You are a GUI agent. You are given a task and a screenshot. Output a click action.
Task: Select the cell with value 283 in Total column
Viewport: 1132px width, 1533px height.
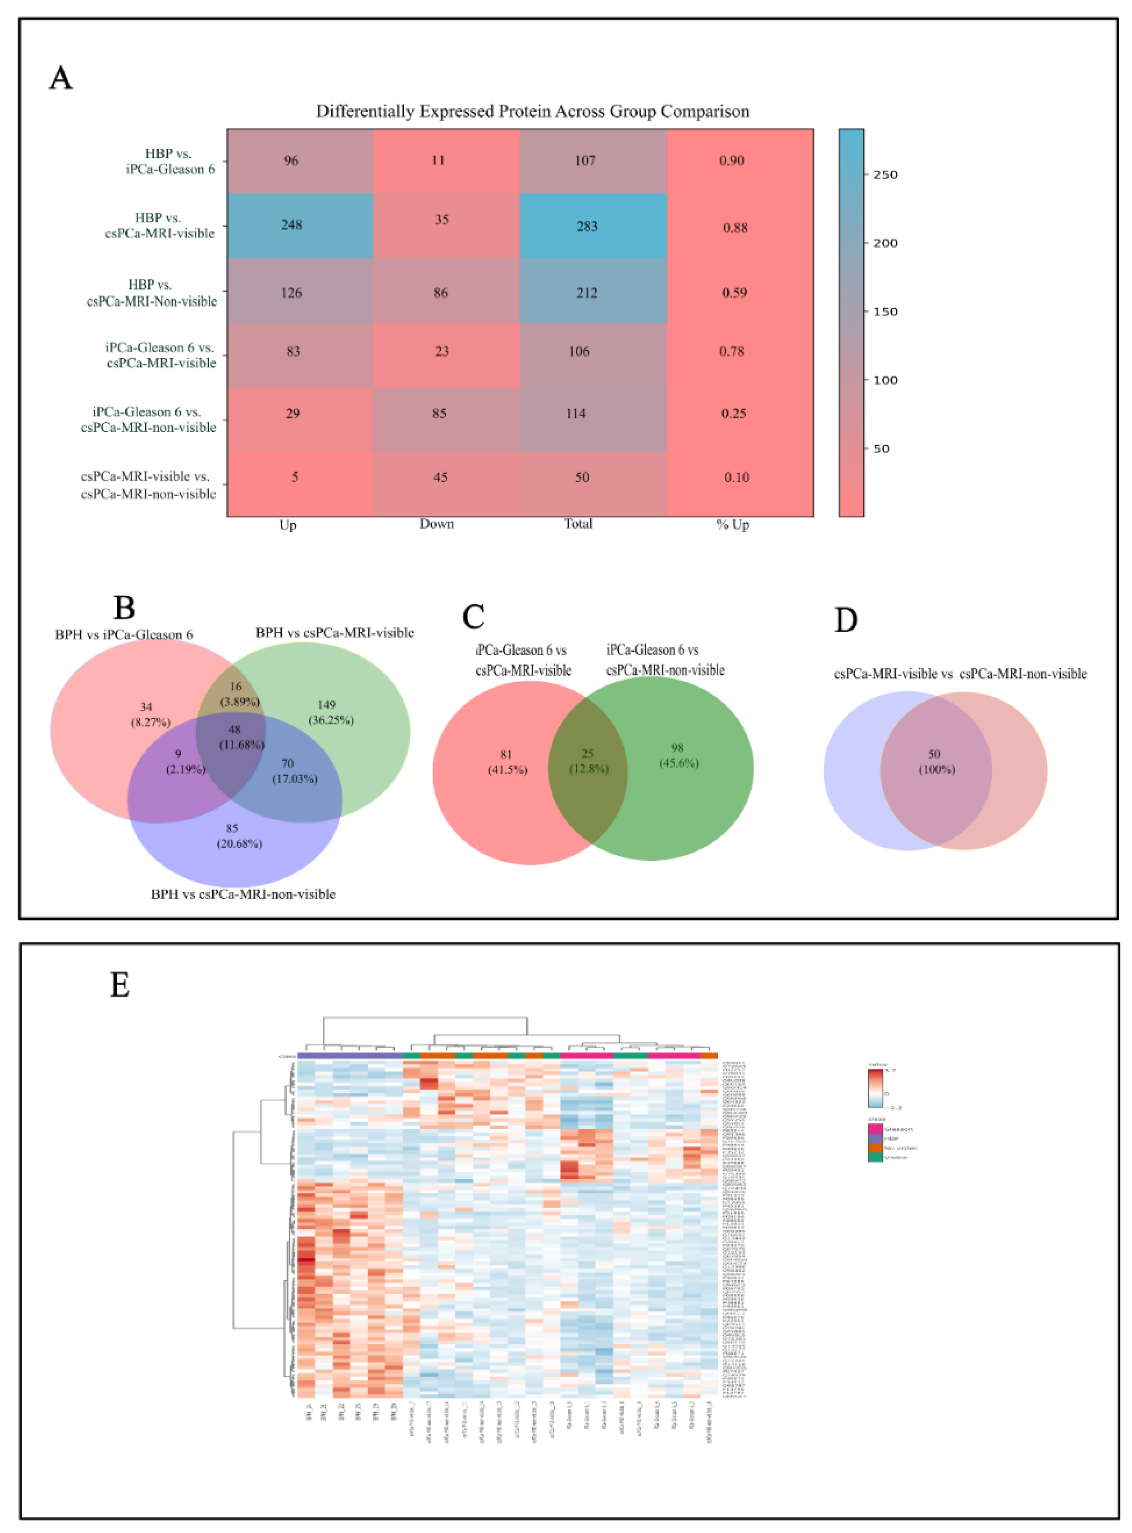[x=587, y=226]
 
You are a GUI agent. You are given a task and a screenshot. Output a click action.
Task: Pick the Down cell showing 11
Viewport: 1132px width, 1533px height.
[x=438, y=160]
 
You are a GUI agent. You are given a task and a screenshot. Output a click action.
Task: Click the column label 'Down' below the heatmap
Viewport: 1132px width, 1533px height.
[x=437, y=524]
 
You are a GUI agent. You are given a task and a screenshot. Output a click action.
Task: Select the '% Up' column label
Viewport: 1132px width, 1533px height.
[x=732, y=525]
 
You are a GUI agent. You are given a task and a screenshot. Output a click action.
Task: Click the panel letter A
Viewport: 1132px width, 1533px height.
[x=60, y=78]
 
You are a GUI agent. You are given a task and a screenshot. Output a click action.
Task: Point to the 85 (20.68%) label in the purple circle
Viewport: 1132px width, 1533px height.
[x=238, y=836]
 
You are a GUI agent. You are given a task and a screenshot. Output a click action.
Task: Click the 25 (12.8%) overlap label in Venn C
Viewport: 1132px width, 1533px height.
[x=588, y=761]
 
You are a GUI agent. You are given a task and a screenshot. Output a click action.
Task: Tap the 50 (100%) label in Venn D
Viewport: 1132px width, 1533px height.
[x=935, y=761]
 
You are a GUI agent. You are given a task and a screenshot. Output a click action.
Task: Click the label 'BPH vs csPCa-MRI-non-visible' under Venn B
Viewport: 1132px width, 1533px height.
[x=243, y=894]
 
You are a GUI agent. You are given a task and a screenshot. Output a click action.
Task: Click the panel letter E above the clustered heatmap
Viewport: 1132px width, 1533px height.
[x=120, y=985]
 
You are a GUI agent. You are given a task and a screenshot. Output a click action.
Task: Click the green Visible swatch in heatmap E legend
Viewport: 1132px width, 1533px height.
[x=874, y=1157]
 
